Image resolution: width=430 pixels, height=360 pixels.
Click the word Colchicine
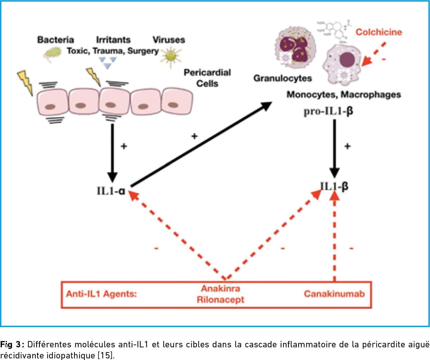click(379, 32)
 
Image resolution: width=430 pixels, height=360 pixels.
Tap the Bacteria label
click(56, 40)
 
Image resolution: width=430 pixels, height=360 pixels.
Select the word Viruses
click(169, 40)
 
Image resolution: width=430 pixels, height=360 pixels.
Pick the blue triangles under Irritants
click(108, 63)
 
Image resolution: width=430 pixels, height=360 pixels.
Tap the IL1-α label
click(111, 191)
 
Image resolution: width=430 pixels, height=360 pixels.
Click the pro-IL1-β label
click(328, 112)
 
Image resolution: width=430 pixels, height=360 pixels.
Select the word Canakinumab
click(334, 294)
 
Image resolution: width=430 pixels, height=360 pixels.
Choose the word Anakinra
click(221, 288)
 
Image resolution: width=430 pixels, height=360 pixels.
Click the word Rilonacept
click(220, 300)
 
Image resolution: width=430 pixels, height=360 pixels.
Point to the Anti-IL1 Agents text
click(102, 294)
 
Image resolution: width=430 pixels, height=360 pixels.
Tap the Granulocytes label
click(283, 79)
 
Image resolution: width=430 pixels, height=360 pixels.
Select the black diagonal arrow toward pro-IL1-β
click(201, 144)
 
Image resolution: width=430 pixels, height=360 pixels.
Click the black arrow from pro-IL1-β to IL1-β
click(334, 149)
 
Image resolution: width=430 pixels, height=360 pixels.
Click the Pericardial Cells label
click(207, 78)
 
